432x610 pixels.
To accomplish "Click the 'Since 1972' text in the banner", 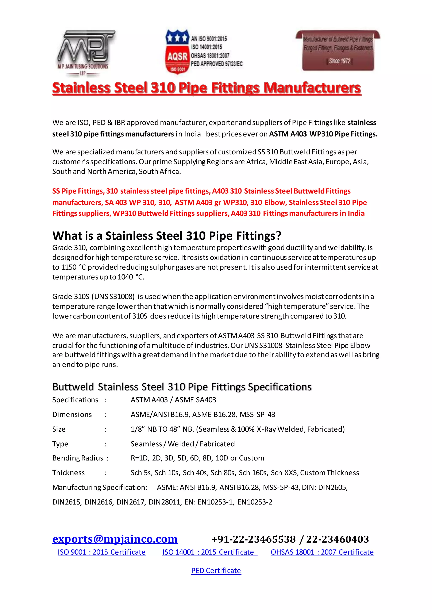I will pos(339,61).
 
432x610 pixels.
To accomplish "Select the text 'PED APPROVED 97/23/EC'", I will pos(217,64).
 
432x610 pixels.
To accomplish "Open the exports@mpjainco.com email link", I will pos(115,539).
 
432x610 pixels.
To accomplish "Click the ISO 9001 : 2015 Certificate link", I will pos(102,552).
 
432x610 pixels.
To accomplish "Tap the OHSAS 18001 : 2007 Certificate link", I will pos(322,552).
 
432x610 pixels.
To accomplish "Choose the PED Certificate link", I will pos(216,570).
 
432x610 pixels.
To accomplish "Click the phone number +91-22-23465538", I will pos(254,539).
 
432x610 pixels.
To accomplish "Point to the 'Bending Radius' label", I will pos(78,458).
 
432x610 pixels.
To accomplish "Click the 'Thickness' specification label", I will pos(68,473).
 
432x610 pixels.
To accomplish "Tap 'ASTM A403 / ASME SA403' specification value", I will pos(173,400).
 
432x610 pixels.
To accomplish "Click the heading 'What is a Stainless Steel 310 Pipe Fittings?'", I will pos(167,236).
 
